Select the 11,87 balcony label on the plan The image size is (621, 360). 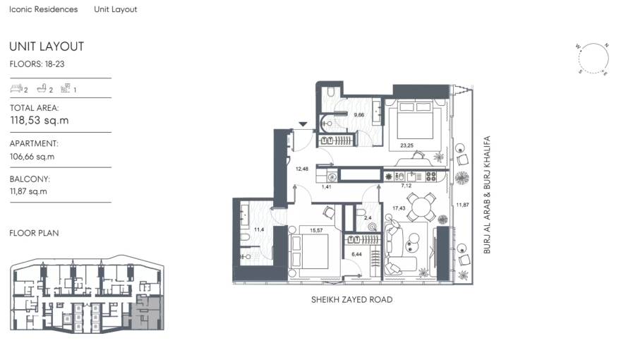point(462,205)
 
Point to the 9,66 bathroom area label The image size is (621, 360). point(358,114)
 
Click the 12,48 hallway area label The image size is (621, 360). point(302,169)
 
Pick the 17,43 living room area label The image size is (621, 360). point(399,208)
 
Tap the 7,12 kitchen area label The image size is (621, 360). point(406,185)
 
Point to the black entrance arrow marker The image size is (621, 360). point(303,125)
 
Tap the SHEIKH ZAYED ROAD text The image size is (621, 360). point(351,300)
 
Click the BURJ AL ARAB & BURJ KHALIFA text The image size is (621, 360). point(486,196)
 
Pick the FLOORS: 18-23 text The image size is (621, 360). point(35,64)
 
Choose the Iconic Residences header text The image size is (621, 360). point(44,10)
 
